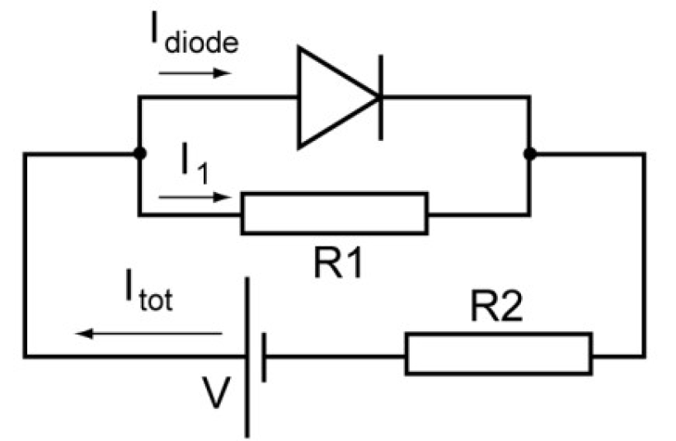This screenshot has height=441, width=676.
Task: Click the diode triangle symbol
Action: click(x=334, y=97)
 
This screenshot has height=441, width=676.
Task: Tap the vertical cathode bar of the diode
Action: click(x=380, y=97)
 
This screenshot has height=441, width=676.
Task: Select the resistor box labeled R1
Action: click(x=334, y=214)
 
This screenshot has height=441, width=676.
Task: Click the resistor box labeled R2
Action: click(x=498, y=354)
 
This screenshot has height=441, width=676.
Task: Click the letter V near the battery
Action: click(x=216, y=392)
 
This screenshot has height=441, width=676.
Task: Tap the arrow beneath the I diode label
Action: click(x=193, y=73)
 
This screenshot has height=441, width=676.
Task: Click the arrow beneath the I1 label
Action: click(x=190, y=199)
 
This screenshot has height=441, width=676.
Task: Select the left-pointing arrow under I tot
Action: click(x=149, y=334)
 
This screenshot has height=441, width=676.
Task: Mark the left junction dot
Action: click(x=139, y=154)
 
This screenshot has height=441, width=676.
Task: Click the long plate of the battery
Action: click(x=247, y=354)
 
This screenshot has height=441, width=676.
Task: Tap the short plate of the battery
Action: click(x=264, y=356)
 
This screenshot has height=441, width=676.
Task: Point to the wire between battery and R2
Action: click(x=334, y=356)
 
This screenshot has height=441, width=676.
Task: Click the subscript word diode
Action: click(x=202, y=42)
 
